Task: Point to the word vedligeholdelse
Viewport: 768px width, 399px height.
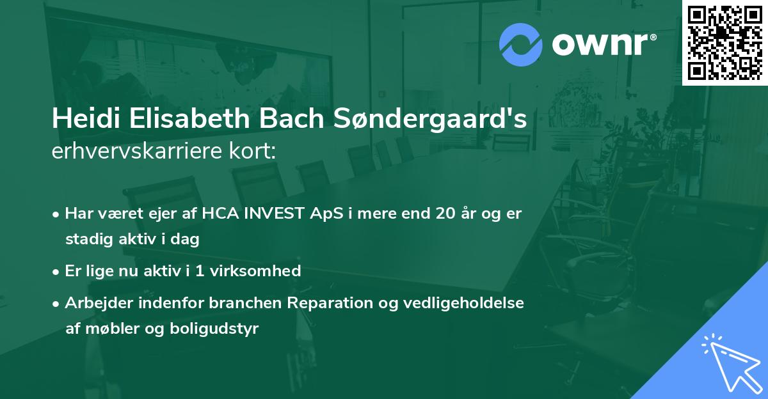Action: pyautogui.click(x=461, y=303)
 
